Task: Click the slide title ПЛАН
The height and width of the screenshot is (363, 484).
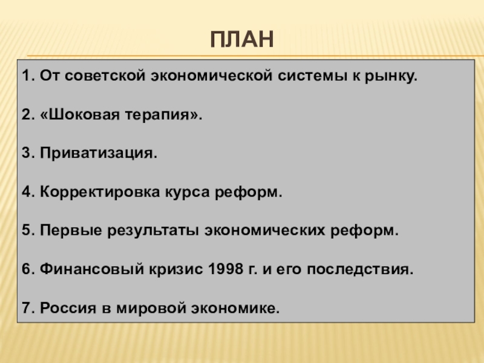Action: click(x=242, y=39)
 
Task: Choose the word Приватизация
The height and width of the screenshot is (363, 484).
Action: click(x=99, y=153)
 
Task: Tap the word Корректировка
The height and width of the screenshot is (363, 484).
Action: click(x=100, y=192)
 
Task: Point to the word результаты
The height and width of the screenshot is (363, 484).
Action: click(x=153, y=231)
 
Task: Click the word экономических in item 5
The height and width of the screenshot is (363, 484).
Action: click(x=265, y=231)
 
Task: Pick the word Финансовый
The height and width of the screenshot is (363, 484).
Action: click(x=92, y=269)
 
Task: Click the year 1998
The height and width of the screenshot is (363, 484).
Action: click(x=226, y=269)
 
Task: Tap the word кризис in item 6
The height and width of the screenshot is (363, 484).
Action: click(x=176, y=269)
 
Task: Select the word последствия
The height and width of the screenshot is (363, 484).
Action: click(x=360, y=269)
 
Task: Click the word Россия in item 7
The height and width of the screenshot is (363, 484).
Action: click(x=68, y=308)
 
